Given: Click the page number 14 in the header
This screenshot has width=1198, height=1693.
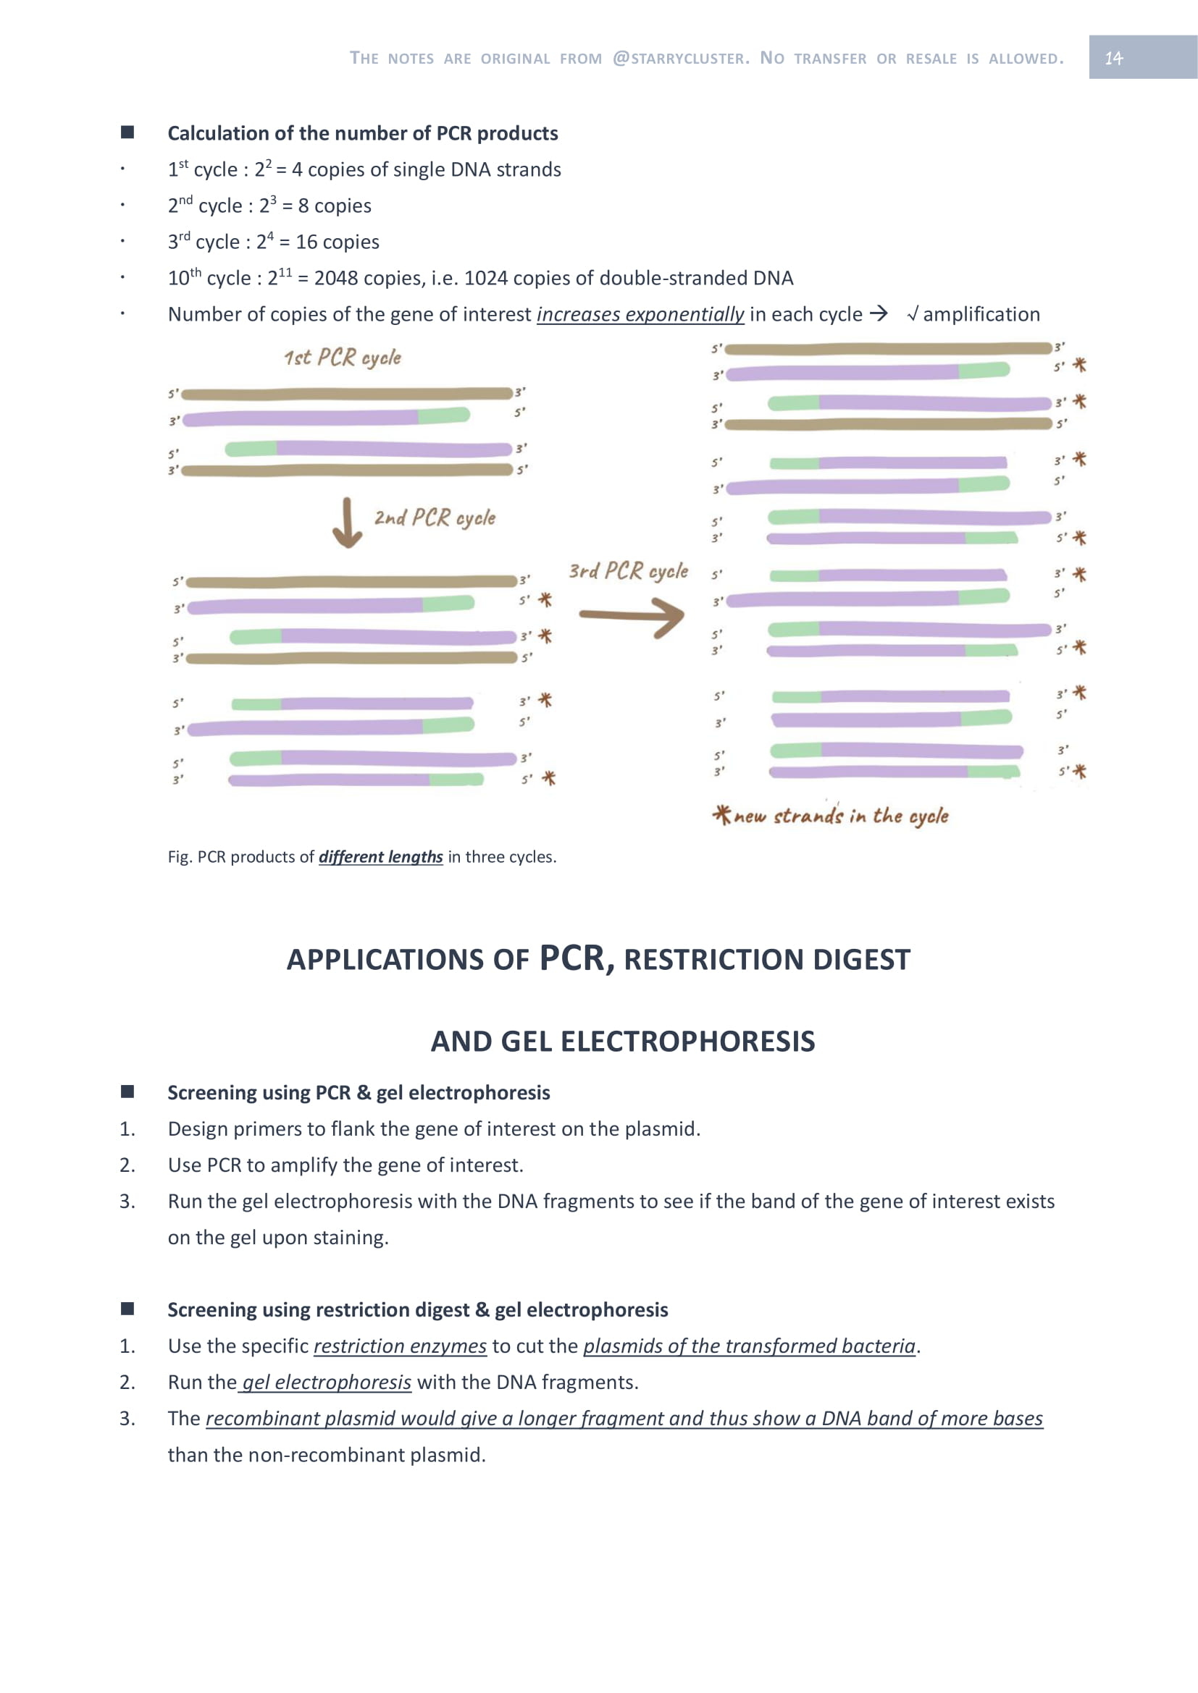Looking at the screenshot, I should (x=1113, y=57).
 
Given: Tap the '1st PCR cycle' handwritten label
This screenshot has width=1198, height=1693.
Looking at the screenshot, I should (x=343, y=358).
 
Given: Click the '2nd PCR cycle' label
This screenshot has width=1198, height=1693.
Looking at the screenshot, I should (x=435, y=518).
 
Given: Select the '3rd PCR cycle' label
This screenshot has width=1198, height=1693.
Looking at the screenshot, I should (x=628, y=570).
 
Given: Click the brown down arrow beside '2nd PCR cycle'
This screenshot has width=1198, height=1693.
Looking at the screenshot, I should (x=347, y=523).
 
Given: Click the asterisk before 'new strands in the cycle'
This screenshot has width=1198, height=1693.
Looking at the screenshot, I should (x=721, y=814).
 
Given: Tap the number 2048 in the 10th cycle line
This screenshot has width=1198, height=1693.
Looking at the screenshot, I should (x=336, y=278).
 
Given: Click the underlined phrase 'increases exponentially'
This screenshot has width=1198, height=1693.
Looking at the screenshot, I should (x=640, y=314).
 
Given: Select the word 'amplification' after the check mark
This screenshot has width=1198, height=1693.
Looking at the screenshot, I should (x=981, y=314).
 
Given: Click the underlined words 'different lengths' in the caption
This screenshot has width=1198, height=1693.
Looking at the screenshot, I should (x=381, y=857).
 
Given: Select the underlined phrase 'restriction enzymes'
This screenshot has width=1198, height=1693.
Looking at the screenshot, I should (x=400, y=1346).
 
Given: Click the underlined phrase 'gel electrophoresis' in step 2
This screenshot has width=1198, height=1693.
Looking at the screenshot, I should (x=326, y=1382).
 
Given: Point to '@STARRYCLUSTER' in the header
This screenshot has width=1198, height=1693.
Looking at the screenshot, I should (x=681, y=57).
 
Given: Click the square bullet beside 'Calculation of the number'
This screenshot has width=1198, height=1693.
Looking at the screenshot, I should (x=127, y=132).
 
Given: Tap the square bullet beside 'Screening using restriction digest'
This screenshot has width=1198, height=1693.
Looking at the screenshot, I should (x=127, y=1309).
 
